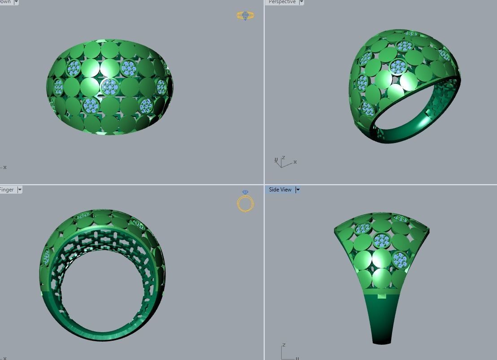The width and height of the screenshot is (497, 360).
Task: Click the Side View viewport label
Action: [x=280, y=190]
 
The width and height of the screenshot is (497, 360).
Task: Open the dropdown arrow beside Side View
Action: [x=297, y=190]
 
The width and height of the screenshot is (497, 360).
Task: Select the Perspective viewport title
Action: [x=282, y=2]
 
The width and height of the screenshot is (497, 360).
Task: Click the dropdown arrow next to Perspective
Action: [x=301, y=2]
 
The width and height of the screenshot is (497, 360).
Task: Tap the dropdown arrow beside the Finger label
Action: [x=20, y=190]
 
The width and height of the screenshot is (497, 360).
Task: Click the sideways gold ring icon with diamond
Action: [x=245, y=16]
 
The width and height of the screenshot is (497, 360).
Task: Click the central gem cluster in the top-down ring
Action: [x=110, y=86]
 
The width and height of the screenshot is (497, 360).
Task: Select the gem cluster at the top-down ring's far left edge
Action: [x=58, y=87]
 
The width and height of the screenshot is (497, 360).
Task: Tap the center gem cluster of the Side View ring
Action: [x=382, y=241]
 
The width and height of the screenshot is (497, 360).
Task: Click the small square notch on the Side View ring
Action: [x=382, y=296]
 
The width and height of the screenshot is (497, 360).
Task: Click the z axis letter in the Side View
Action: [x=284, y=345]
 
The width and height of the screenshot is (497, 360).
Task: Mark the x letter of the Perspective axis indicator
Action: [x=295, y=162]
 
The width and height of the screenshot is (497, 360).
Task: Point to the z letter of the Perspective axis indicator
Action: [x=283, y=158]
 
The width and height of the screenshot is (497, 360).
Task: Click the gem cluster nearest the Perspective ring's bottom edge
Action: [x=367, y=109]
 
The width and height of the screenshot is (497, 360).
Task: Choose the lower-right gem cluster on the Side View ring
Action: [x=399, y=259]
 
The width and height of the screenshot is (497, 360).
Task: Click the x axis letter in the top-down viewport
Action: [x=5, y=168]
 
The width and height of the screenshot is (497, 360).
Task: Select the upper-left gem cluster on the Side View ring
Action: [x=363, y=229]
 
